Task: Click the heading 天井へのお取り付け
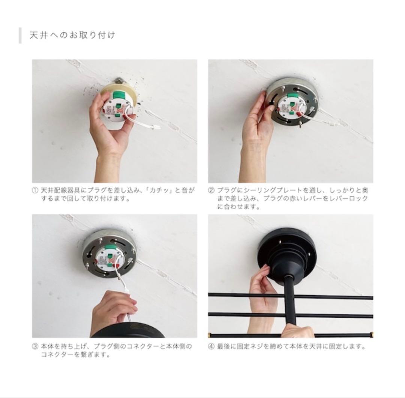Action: pos(72,35)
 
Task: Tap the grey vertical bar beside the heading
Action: pos(20,35)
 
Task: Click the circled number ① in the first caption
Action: pos(35,190)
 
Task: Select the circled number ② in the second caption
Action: pos(211,190)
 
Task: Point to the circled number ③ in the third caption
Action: pos(35,346)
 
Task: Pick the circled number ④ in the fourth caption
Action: pos(211,346)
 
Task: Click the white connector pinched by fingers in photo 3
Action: pos(128,293)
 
